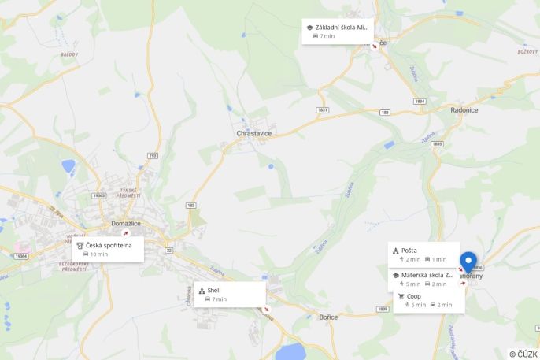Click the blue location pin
point(468,261)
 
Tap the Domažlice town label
point(126,223)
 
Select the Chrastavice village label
point(254,133)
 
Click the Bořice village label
point(328,317)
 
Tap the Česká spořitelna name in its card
point(109,245)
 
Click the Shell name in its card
point(214,290)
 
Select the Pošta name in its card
point(409,251)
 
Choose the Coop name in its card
point(414,296)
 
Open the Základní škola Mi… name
point(342,27)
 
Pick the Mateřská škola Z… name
point(427,275)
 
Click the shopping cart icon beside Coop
point(401,296)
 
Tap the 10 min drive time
point(99,254)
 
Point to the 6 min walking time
point(418,305)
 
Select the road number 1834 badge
point(420,102)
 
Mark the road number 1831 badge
point(322,109)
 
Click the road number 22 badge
point(168,250)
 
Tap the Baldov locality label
point(69,54)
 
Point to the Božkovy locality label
point(505,51)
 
